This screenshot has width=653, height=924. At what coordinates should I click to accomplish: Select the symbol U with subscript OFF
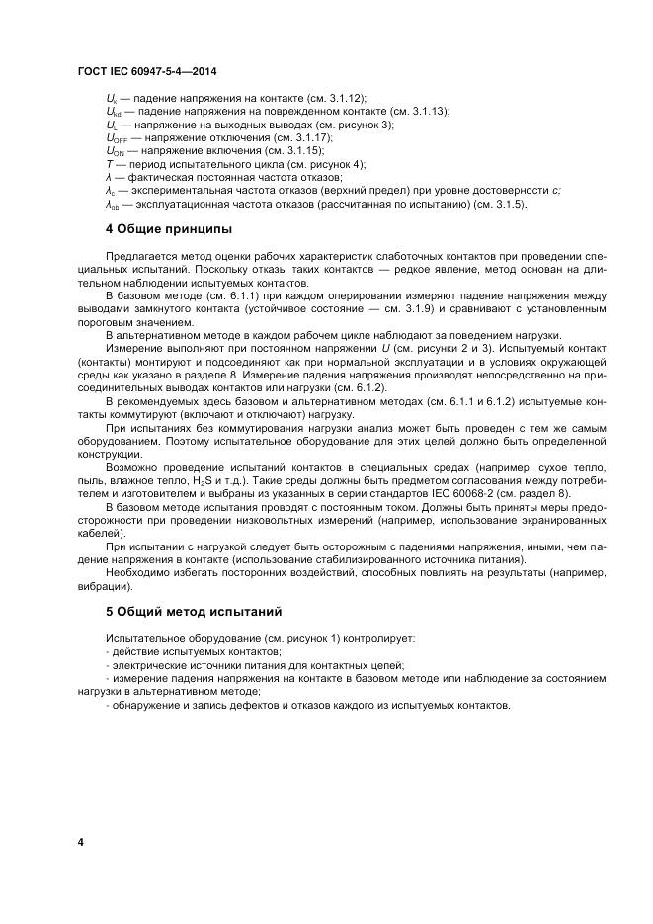(x=114, y=138)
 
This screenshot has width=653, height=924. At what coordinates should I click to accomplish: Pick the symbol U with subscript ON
(x=113, y=151)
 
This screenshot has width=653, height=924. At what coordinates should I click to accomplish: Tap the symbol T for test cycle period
(x=108, y=164)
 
